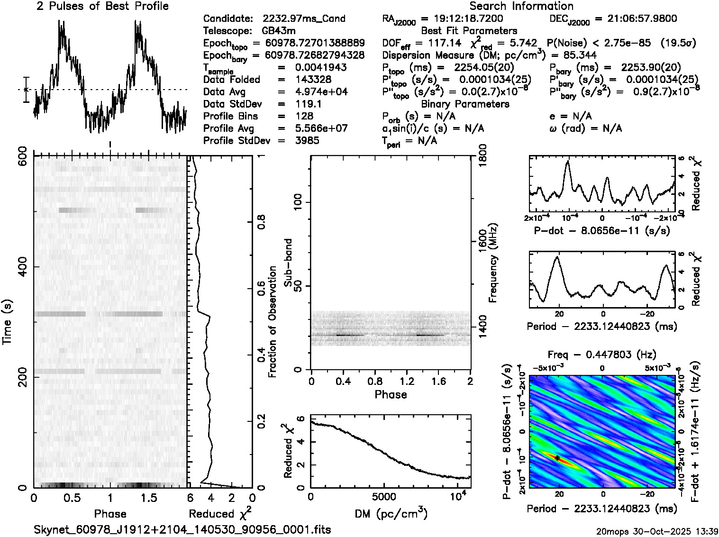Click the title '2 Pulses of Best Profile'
[x=102, y=6]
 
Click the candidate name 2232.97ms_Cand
[x=304, y=19]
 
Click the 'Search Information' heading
[x=521, y=6]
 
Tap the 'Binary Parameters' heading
[x=465, y=104]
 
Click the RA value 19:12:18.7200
[x=462, y=19]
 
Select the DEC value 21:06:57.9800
[x=635, y=19]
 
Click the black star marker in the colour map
[x=558, y=458]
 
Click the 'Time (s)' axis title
[x=8, y=321]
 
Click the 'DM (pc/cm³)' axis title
[x=391, y=513]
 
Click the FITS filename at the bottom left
[x=182, y=529]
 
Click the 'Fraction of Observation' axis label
[x=273, y=321]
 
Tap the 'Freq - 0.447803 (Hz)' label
[x=602, y=355]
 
